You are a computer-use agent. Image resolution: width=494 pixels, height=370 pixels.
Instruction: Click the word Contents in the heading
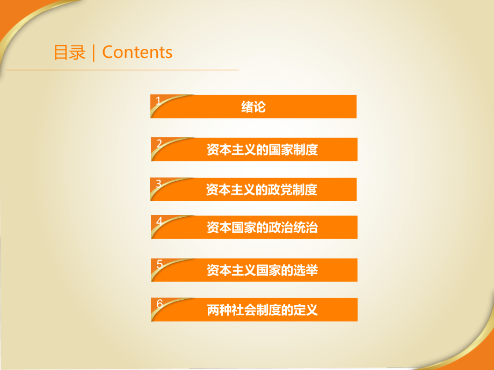pos(137,53)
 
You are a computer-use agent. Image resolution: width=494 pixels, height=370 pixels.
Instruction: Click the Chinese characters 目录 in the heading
pos(70,53)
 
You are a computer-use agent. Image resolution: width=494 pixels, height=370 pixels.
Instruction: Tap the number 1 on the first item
pos(158,100)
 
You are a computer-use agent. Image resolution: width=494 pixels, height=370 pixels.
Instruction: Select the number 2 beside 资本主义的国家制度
pos(159,143)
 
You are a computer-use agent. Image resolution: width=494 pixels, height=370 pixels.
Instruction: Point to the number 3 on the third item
pos(158,183)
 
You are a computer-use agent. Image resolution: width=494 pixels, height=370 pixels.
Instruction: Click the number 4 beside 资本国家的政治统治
pos(159,221)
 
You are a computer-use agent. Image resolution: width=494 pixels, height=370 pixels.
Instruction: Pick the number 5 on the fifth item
pos(159,264)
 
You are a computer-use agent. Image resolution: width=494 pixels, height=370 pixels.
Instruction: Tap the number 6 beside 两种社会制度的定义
pos(159,304)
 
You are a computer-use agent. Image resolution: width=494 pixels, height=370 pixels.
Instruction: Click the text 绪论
pos(253,107)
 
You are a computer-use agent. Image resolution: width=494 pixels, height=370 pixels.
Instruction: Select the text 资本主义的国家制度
pos(262,150)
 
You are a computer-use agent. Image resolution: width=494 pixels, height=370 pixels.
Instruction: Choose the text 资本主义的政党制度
pos(261,190)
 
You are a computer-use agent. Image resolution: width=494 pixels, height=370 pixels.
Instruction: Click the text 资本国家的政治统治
pos(262,227)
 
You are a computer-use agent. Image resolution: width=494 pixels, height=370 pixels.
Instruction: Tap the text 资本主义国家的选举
pos(262,270)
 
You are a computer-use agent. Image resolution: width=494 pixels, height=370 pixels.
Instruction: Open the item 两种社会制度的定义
pos(262,310)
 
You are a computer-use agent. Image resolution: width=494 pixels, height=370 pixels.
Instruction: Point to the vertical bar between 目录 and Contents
pos(94,53)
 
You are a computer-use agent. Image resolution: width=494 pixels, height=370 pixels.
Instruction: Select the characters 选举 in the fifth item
pos(307,270)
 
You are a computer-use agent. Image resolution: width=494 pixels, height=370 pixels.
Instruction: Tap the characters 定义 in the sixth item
pos(307,310)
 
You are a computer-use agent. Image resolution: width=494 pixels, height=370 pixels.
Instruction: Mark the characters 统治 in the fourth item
pos(307,227)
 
